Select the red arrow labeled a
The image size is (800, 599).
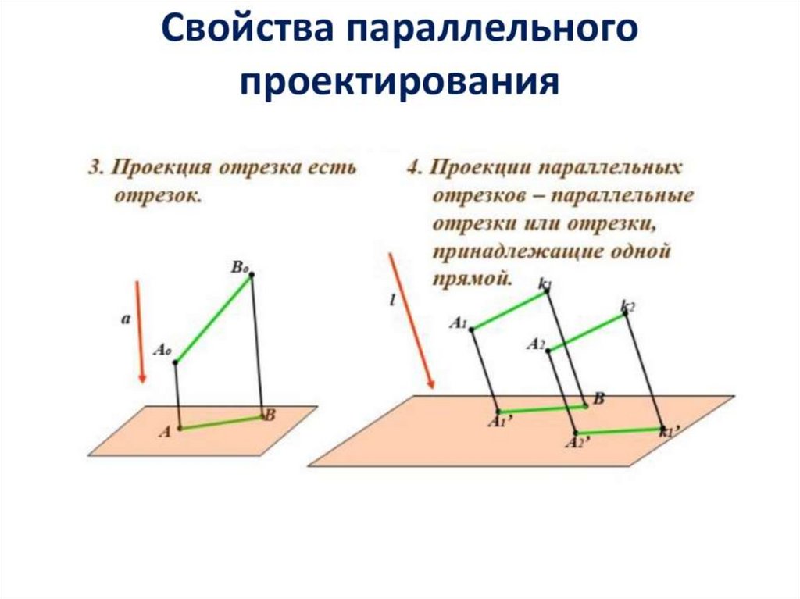point(139,331)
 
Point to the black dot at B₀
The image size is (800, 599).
point(252,275)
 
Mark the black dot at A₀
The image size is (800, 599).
point(176,362)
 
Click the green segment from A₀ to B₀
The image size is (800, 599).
point(214,319)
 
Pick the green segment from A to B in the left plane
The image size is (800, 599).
point(221,423)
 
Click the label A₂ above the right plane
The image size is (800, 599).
point(535,344)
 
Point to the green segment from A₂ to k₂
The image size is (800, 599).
point(586,332)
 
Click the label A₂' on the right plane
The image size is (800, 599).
point(577,443)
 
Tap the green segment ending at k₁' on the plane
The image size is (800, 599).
point(619,430)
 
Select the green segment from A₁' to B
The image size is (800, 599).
point(542,408)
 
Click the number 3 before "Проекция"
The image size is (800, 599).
point(95,168)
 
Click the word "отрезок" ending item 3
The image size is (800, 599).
point(159,195)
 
